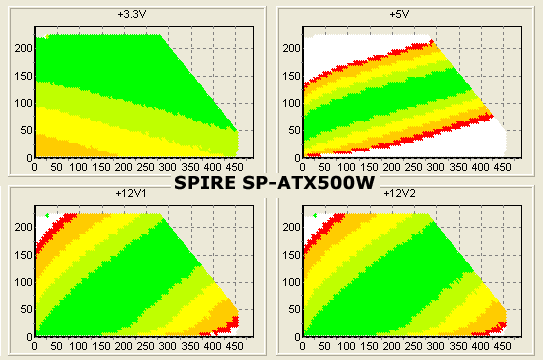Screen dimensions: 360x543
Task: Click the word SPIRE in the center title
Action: [211, 183]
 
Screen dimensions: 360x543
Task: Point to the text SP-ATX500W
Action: [311, 183]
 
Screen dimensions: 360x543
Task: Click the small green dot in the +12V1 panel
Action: [46, 215]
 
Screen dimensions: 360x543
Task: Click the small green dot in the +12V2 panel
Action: [315, 215]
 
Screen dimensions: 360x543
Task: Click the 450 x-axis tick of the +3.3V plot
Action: [234, 167]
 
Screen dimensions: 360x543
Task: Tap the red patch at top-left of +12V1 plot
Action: [46, 232]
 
